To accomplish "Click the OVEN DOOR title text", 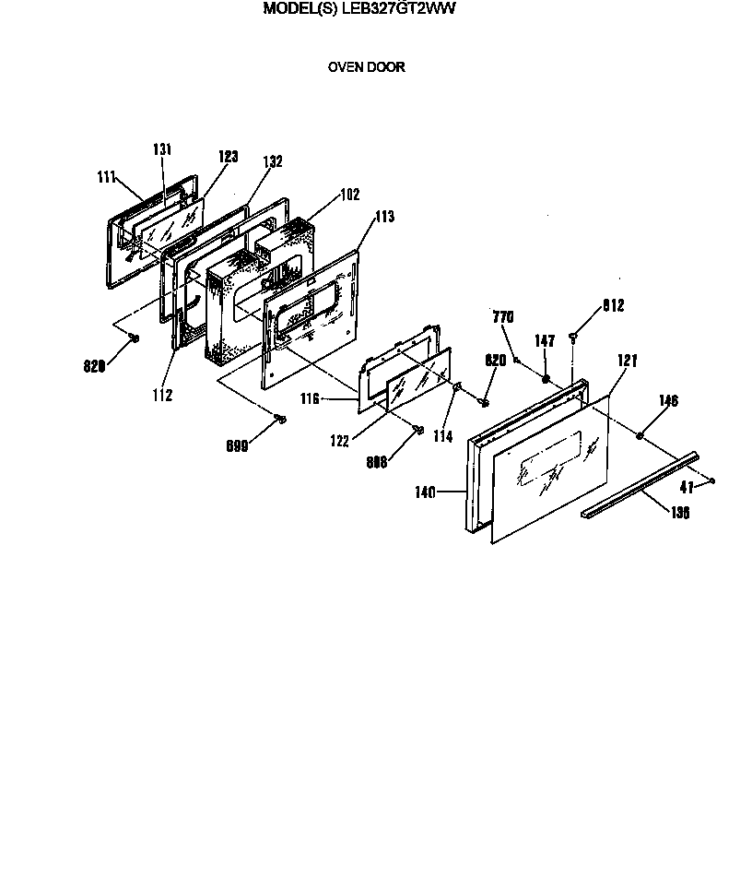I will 367,67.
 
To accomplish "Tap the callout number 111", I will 108,176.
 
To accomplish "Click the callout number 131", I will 161,149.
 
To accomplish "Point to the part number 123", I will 228,157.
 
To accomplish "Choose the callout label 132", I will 272,161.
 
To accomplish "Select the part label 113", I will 383,218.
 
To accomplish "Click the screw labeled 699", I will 280,420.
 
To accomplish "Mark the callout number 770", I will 502,317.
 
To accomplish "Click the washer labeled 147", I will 546,378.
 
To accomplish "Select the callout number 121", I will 628,361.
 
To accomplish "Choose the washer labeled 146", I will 639,433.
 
